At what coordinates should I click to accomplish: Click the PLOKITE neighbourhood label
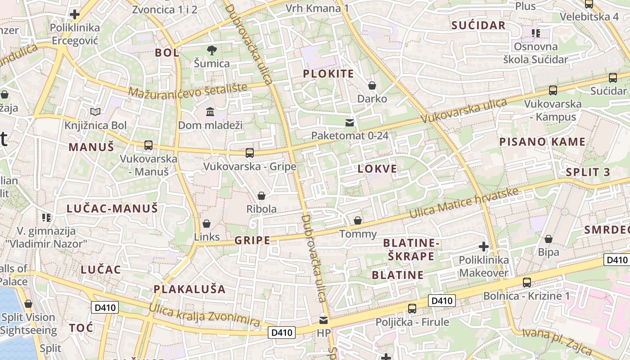(328, 74)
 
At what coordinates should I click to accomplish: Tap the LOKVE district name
(377, 169)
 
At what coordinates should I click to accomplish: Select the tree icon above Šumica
(211, 50)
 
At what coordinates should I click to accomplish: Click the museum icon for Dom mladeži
(210, 111)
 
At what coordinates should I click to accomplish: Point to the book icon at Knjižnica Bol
(95, 112)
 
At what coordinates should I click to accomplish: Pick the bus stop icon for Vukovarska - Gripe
(250, 153)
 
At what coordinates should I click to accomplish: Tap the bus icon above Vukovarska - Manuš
(148, 145)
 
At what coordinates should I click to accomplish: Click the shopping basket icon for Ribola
(261, 196)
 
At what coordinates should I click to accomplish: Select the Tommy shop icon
(358, 220)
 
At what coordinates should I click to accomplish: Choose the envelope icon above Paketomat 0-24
(350, 122)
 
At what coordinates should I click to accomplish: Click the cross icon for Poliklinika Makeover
(484, 247)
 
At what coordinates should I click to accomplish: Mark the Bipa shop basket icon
(548, 239)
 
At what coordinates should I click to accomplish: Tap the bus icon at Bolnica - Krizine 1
(526, 283)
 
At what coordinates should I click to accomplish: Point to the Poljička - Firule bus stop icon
(412, 309)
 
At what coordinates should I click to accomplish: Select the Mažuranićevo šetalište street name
(188, 89)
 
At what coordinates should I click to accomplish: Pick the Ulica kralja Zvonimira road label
(204, 315)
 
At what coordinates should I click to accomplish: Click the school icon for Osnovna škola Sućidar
(535, 33)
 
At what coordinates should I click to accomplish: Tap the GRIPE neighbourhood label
(252, 240)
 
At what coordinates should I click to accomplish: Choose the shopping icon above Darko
(372, 85)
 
